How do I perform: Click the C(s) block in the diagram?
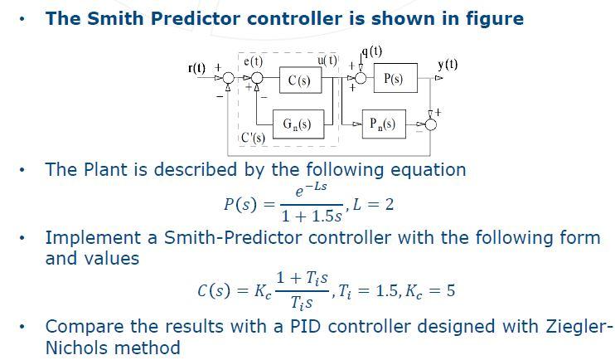click(299, 80)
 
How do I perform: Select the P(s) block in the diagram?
click(394, 79)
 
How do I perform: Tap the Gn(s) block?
click(297, 124)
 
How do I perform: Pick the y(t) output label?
click(447, 64)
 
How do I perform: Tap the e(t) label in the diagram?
click(253, 61)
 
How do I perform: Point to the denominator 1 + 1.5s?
click(311, 216)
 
